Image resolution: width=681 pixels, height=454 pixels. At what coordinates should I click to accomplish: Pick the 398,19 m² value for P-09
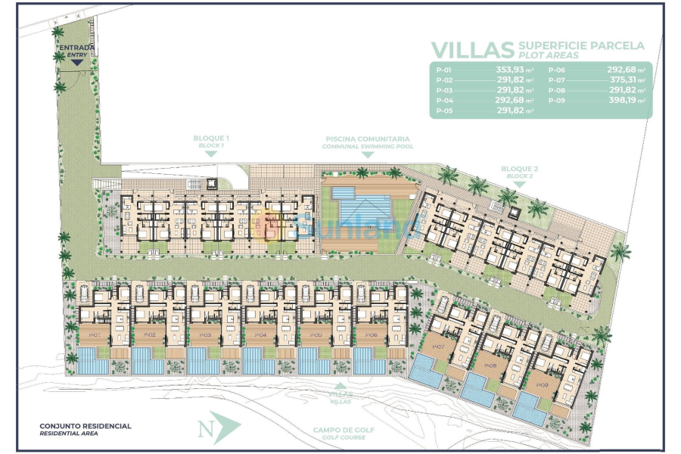tap(627, 100)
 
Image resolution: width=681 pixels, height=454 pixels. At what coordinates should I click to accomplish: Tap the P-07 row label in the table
tap(555, 79)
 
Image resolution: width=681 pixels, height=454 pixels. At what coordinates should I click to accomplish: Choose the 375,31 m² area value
tap(627, 79)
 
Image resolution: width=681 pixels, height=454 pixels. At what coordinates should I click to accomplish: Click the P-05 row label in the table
tap(444, 110)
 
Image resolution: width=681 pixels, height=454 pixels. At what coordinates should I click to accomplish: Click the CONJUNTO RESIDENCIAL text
tap(86, 426)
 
